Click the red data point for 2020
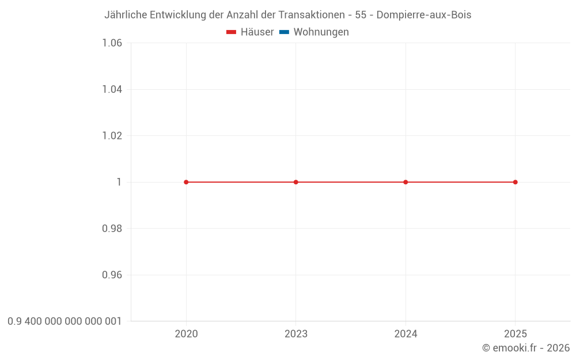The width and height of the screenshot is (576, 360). point(186,182)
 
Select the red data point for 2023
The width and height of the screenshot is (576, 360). point(296,182)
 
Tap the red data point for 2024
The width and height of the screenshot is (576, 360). point(406,182)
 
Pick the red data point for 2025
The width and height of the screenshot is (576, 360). point(516,182)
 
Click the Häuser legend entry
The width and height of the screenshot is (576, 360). point(251,32)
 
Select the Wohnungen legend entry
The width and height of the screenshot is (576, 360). point(314,32)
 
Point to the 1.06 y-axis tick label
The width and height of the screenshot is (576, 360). point(112,43)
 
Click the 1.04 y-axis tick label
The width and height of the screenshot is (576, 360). point(112,89)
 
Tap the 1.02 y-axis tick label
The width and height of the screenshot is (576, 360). point(112,136)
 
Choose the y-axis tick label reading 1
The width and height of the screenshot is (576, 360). point(119,182)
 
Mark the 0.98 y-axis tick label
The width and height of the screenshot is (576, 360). point(112,229)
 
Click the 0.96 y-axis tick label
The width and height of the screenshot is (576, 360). point(112,275)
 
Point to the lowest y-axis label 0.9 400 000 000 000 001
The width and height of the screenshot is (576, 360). point(65,321)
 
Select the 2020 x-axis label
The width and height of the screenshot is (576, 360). point(186,334)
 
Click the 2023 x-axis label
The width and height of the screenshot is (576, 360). point(296,334)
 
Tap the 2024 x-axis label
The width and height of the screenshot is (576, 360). point(406,334)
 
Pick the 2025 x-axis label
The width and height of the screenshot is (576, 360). point(516,334)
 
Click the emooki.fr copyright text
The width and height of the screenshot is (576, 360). point(526,348)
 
